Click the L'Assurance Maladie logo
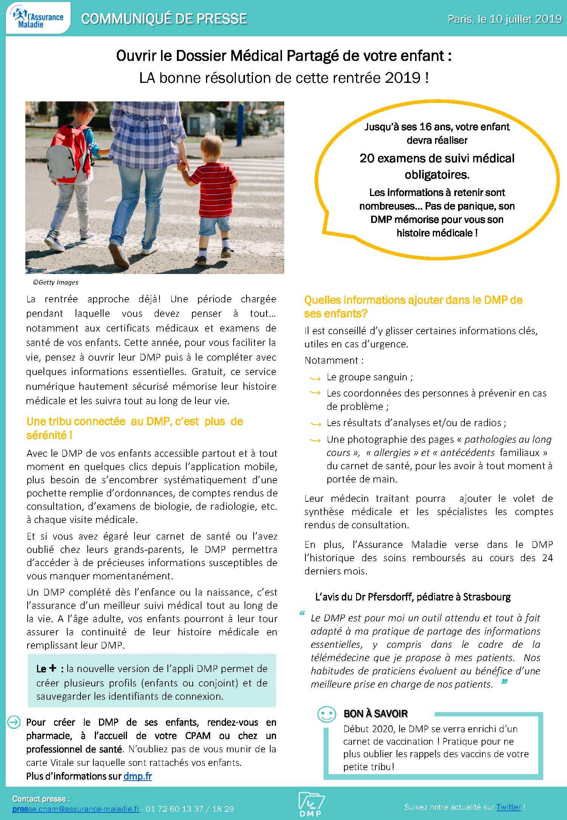(38, 18)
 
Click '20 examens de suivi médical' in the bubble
(437, 158)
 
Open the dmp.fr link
(138, 776)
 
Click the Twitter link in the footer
(508, 807)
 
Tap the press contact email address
(76, 809)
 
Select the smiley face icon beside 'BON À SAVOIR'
(327, 714)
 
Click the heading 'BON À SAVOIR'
(375, 714)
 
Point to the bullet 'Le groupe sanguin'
(369, 377)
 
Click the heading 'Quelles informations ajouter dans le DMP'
(413, 300)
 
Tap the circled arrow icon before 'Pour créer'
(14, 722)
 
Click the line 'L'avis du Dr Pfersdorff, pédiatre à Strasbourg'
(413, 597)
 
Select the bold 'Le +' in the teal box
(47, 669)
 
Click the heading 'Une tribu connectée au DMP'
(135, 422)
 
